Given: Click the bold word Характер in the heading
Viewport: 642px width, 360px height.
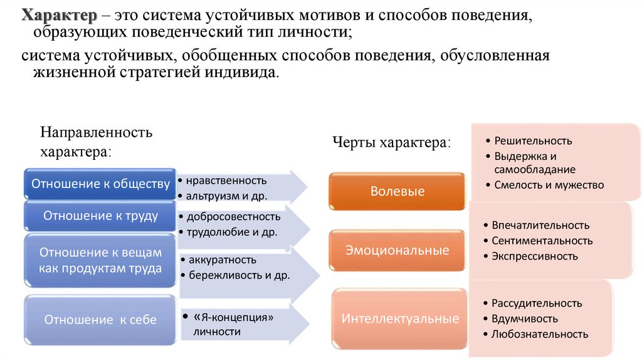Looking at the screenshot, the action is [56, 15].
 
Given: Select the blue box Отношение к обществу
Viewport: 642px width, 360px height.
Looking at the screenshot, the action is [100, 184].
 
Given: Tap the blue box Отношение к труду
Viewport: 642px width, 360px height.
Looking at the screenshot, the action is [100, 216].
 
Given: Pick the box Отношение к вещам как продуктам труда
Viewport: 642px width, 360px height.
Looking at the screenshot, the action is [100, 260].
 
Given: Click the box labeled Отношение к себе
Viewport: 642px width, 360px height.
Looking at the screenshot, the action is [100, 319].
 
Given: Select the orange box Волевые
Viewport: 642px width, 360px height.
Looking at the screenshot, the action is [397, 191].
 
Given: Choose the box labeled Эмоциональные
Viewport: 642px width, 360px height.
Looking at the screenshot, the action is [397, 250].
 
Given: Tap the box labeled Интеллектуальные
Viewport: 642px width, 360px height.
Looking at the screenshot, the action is [400, 319].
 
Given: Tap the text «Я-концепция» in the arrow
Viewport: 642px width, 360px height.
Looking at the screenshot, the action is [233, 317].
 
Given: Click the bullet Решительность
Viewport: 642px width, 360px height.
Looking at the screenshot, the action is [533, 140].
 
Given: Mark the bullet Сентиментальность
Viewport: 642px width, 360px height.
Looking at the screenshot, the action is [542, 240].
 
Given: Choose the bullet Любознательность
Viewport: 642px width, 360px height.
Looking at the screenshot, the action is [540, 334].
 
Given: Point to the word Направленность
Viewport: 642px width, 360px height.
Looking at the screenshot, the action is [97, 132].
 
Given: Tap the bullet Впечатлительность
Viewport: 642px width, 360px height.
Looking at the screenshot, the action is [540, 225].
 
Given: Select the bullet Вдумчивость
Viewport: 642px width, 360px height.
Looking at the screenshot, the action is [525, 318].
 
